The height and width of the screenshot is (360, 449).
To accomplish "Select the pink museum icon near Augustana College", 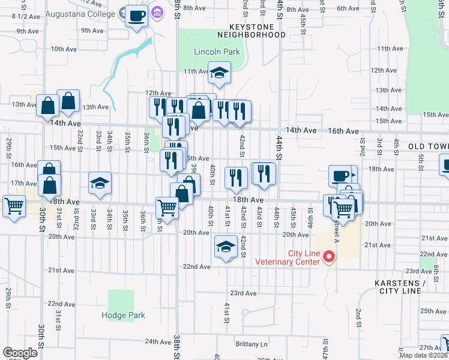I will click(x=158, y=11).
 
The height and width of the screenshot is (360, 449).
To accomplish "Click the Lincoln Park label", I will click(x=217, y=52).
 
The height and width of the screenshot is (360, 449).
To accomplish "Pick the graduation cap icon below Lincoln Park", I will click(x=219, y=73).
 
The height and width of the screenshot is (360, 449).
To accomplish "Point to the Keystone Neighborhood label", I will click(x=258, y=31).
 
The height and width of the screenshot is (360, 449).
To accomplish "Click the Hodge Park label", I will click(x=123, y=315).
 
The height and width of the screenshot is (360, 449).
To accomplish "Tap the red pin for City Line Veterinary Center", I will click(x=328, y=257).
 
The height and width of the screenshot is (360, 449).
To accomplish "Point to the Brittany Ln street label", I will click(x=252, y=344).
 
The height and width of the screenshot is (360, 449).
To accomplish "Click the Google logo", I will click(x=19, y=353).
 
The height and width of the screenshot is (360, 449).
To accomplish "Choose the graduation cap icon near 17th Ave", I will click(x=100, y=184).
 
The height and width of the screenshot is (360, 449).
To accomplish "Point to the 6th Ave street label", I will click(x=348, y=8).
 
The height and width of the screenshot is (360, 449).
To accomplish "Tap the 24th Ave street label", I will click(x=158, y=341).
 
